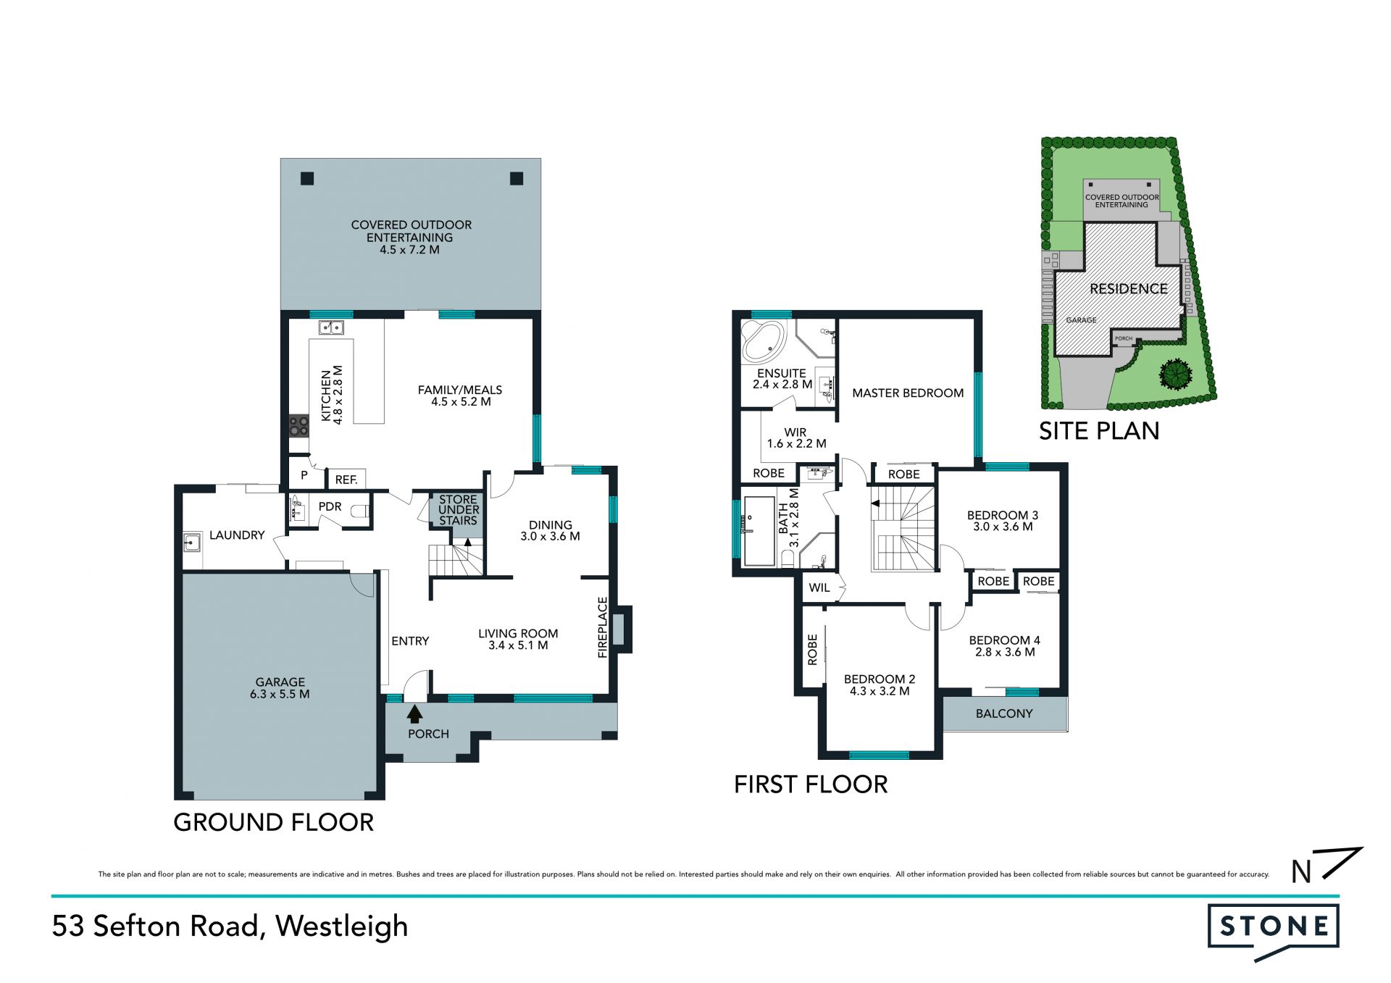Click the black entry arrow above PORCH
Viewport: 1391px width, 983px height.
tap(414, 714)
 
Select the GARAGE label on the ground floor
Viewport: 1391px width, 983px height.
tap(280, 682)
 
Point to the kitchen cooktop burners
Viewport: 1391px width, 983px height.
tap(298, 425)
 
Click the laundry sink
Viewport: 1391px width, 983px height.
tap(191, 542)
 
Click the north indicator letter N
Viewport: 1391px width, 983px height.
tap(1302, 871)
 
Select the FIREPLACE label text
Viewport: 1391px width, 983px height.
tap(602, 627)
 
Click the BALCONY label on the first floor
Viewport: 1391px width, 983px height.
tap(1004, 714)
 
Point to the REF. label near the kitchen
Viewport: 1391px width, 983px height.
tap(346, 480)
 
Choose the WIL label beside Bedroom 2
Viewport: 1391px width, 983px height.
tap(819, 587)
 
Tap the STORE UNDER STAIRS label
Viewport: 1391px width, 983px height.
tap(458, 510)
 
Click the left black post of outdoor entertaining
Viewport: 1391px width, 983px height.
tap(307, 178)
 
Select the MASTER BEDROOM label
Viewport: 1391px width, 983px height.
tap(908, 393)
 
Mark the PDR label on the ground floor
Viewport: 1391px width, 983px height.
tap(330, 507)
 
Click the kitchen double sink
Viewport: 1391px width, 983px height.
tap(331, 328)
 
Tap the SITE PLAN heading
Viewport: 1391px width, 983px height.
tap(1099, 431)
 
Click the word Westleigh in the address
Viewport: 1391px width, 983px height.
tap(341, 926)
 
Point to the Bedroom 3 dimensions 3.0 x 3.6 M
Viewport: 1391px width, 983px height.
tap(1003, 527)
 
